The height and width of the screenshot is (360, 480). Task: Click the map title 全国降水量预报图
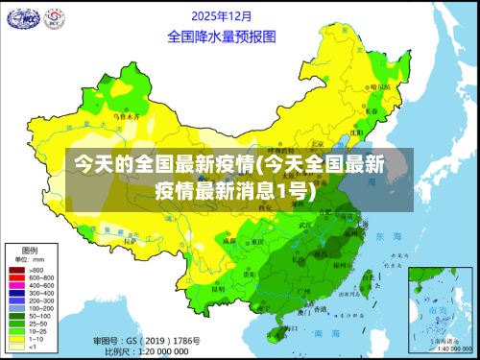coord(222,37)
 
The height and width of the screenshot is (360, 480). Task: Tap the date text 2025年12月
coord(222,16)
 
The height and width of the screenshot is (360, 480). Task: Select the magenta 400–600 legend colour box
coord(15,285)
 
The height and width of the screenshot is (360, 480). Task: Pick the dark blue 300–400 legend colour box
coord(15,293)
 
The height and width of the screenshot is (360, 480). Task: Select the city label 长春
coord(372,110)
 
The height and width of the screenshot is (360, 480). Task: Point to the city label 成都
coord(228,241)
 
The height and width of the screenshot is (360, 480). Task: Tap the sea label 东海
coord(388,236)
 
